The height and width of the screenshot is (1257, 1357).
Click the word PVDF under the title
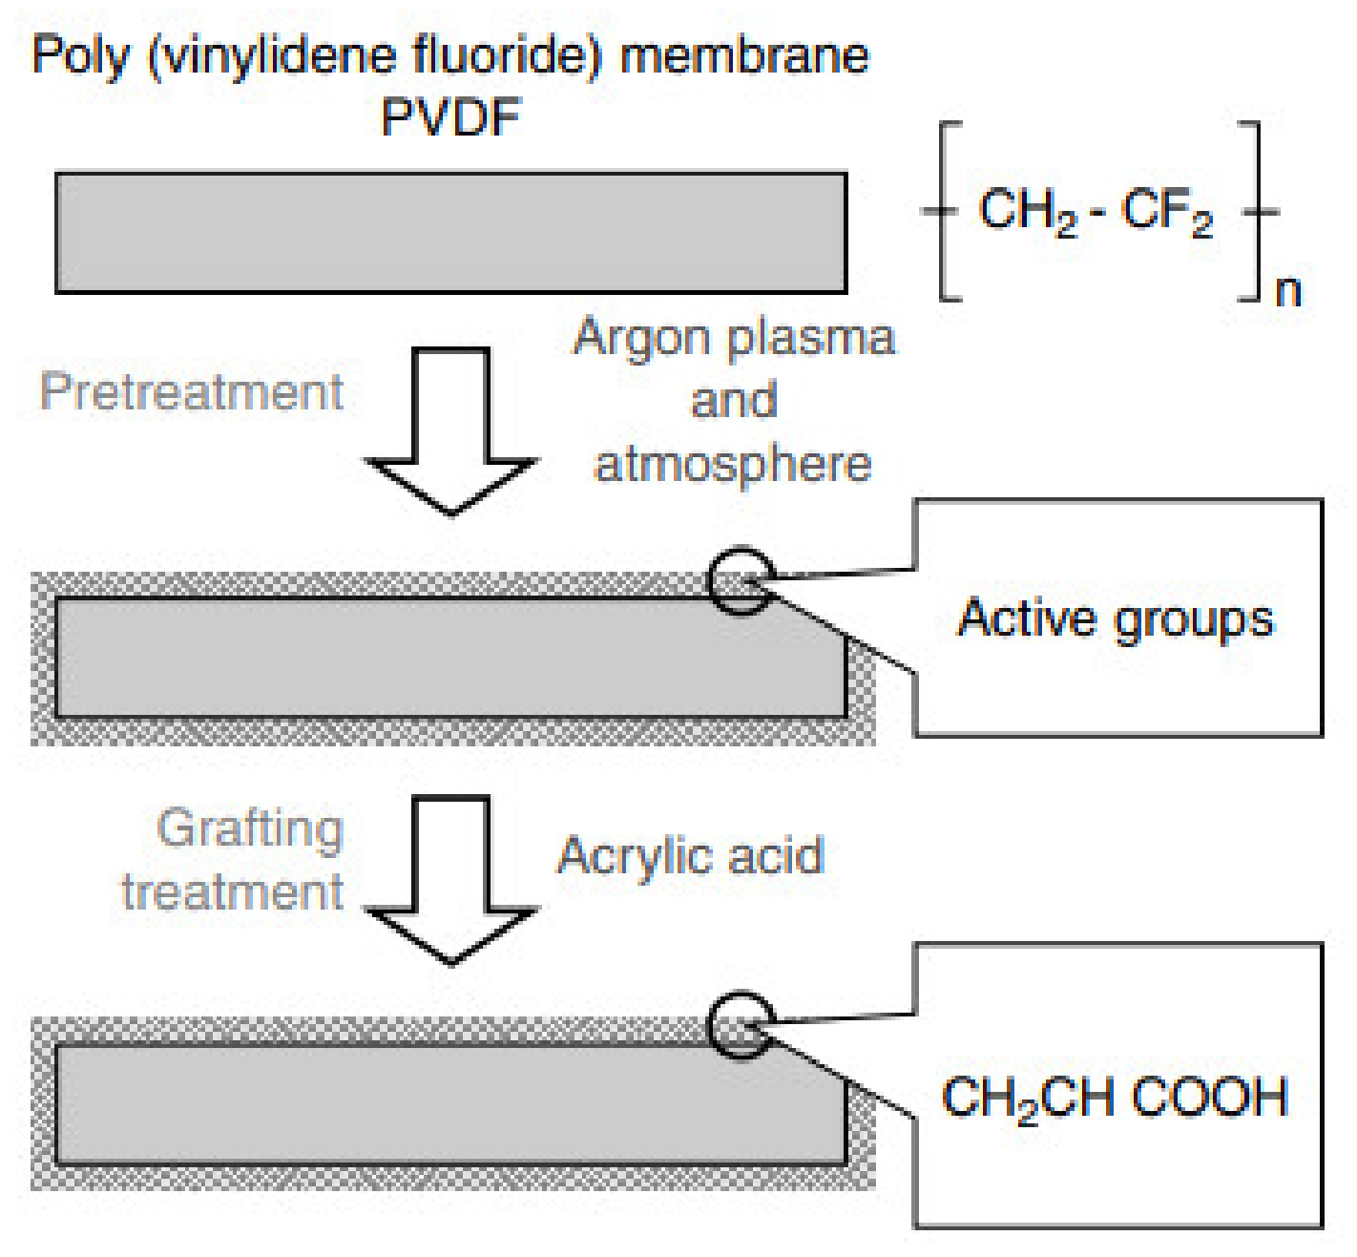tap(450, 118)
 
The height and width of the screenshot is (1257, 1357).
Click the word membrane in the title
tap(744, 55)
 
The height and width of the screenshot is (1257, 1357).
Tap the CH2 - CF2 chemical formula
tap(1096, 211)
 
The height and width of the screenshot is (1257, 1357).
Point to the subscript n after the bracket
tap(1288, 290)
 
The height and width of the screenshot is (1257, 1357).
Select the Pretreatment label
tap(191, 391)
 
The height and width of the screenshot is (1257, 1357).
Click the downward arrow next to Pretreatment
tap(450, 429)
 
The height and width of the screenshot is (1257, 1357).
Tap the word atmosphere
tap(733, 464)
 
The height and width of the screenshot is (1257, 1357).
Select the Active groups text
tap(1116, 618)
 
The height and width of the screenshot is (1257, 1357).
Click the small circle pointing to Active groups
tap(741, 580)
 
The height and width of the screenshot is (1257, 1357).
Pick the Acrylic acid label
tap(690, 855)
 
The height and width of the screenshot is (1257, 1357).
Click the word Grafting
tap(250, 828)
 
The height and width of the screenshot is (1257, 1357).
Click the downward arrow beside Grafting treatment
tap(450, 878)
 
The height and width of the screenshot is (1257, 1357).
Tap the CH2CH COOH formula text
tap(1115, 1098)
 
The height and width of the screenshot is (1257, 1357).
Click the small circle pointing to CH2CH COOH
tap(741, 1025)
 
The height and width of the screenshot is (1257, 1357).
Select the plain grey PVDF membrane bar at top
tap(450, 232)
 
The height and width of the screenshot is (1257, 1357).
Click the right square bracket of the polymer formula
tap(1254, 211)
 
